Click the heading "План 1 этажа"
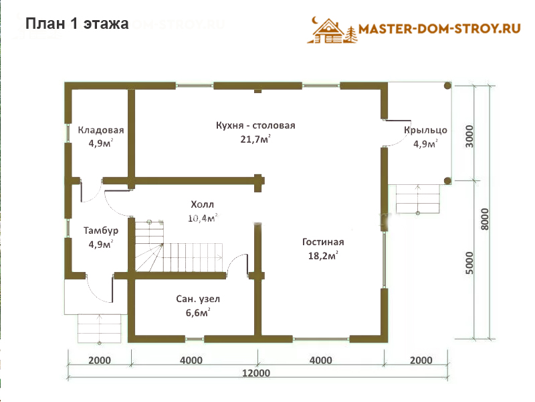pyautogui.click(x=77, y=23)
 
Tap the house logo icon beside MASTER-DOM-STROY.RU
pyautogui.click(x=332, y=30)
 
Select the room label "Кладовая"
pyautogui.click(x=101, y=130)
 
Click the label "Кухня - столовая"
pyautogui.click(x=255, y=125)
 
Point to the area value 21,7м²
pyautogui.click(x=255, y=139)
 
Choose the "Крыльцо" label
pyautogui.click(x=425, y=130)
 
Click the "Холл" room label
pyautogui.click(x=203, y=204)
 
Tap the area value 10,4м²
pyautogui.click(x=203, y=218)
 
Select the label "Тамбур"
pyautogui.click(x=101, y=230)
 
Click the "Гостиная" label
pyautogui.click(x=323, y=242)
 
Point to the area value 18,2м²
pyautogui.click(x=323, y=255)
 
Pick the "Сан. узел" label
pyautogui.click(x=198, y=299)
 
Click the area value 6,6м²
pyautogui.click(x=198, y=312)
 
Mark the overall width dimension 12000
pyautogui.click(x=256, y=373)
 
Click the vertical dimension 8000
pyautogui.click(x=485, y=219)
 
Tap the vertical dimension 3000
pyautogui.click(x=470, y=137)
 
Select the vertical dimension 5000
pyautogui.click(x=470, y=263)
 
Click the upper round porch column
pyautogui.click(x=447, y=86)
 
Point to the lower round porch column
pyautogui.click(x=447, y=181)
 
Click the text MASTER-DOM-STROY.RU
pyautogui.click(x=439, y=29)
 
